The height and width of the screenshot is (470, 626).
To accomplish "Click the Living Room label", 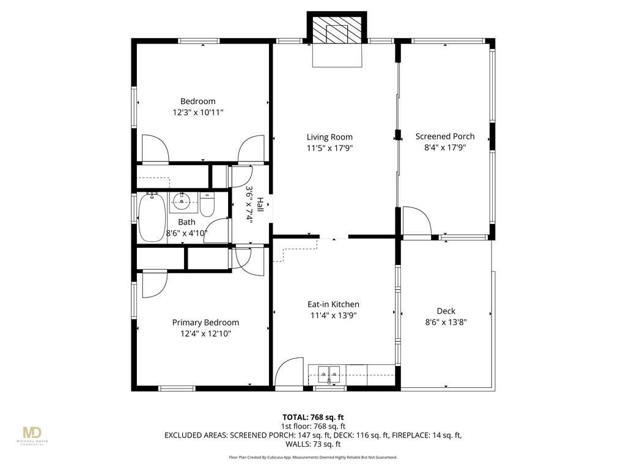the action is (330, 137).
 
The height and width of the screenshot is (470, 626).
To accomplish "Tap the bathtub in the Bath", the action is (152, 218).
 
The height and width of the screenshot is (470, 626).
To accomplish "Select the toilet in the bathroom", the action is (207, 204).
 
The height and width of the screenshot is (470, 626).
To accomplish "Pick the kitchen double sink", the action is (330, 375).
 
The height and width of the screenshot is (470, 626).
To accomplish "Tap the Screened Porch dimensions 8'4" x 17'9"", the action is (445, 147).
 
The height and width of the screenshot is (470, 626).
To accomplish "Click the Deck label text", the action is (446, 311).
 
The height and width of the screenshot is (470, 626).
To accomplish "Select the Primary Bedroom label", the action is (205, 323).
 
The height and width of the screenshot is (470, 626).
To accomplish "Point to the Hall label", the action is (260, 204).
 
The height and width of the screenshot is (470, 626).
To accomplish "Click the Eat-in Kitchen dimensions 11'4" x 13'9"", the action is (333, 315).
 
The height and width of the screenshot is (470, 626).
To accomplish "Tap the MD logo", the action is (32, 433).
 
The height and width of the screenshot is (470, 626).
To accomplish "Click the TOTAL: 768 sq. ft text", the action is (313, 417).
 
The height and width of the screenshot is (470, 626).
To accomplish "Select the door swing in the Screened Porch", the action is (416, 221).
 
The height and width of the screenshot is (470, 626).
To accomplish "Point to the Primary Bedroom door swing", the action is (155, 285).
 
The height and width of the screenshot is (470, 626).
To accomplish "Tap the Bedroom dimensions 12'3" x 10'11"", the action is (197, 113).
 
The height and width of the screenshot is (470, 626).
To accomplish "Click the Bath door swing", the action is (217, 231).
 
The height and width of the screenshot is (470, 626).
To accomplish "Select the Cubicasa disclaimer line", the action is (313, 457).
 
